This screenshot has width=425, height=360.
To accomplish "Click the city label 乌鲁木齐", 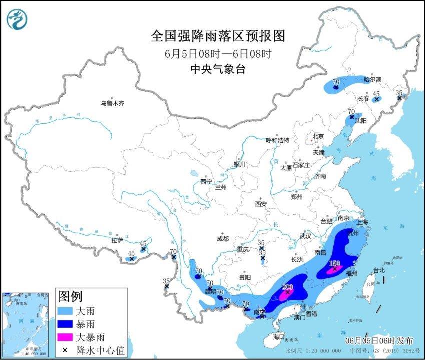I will pyautogui.click(x=112, y=103).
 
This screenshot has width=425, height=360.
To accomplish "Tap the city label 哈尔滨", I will pyautogui.click(x=372, y=79).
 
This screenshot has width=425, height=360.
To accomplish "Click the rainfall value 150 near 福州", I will pyautogui.click(x=334, y=263).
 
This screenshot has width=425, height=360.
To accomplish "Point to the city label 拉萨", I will pyautogui.click(x=117, y=240).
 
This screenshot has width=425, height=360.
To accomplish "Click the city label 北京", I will pyautogui.click(x=318, y=136).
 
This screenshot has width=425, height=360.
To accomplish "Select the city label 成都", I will pyautogui.click(x=223, y=239).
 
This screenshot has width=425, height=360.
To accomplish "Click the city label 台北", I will pyautogui.click(x=379, y=270).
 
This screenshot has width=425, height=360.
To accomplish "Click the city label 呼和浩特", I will pyautogui.click(x=277, y=141).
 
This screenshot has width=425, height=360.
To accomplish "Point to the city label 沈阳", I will pyautogui.click(x=361, y=121).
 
